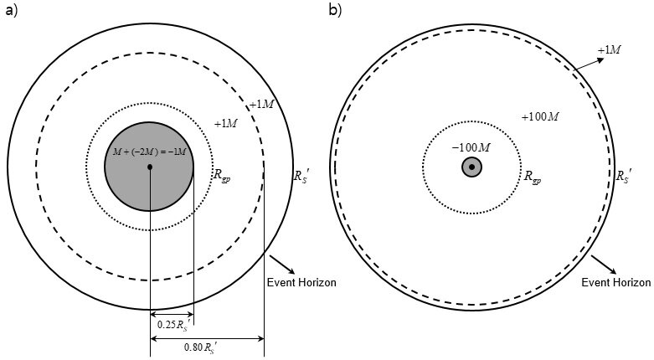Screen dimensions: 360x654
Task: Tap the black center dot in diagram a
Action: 150,167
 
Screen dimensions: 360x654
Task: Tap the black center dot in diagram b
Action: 472,167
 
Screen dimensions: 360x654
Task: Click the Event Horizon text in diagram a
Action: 301,283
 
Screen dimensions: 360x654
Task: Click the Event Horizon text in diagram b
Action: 615,283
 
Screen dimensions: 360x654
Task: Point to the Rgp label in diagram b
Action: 533,177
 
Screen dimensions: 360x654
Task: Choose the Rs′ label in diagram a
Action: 301,177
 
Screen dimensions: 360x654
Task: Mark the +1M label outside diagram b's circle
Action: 609,51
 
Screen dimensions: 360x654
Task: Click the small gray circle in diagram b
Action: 472,167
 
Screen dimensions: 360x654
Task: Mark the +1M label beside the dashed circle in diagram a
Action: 260,104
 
